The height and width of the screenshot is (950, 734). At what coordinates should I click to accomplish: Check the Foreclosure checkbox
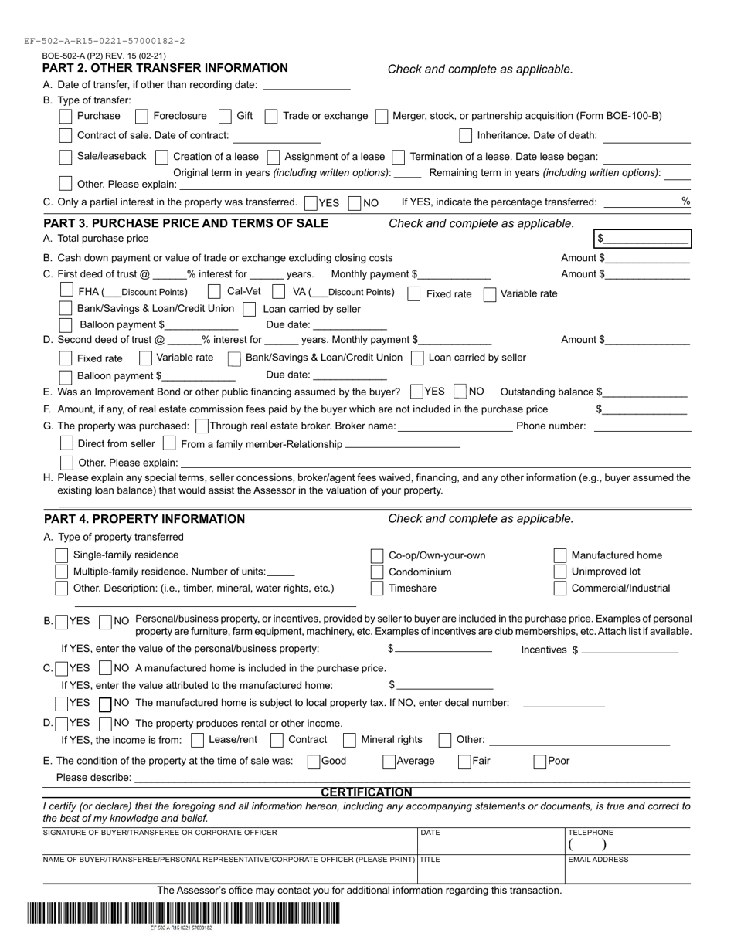[x=141, y=116]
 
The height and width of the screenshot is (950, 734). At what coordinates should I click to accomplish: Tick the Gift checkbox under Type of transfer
[x=225, y=116]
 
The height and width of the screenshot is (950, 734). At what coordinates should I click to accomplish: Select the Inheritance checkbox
[x=465, y=136]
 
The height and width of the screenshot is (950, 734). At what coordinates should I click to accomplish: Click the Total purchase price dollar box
[x=642, y=239]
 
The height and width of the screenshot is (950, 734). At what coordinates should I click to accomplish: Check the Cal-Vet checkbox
[x=215, y=292]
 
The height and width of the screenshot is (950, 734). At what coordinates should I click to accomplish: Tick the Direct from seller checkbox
[x=66, y=443]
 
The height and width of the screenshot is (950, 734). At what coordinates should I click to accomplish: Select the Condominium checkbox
[x=377, y=572]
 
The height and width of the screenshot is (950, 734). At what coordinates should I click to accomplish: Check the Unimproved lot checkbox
[x=560, y=572]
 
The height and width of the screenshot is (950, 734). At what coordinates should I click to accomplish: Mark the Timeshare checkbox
[x=377, y=589]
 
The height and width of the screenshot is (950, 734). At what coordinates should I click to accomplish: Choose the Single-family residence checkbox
[x=62, y=555]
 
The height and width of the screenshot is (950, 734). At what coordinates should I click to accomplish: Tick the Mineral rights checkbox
[x=349, y=740]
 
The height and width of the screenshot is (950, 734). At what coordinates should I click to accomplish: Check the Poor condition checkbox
[x=540, y=762]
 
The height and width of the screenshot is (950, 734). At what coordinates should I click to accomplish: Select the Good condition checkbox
[x=314, y=762]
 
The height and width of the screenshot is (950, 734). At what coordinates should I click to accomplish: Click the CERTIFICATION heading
[x=366, y=792]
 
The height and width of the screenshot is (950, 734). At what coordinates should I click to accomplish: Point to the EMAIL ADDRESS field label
[x=598, y=860]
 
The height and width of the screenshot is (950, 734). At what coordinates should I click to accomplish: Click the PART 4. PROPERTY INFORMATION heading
[x=144, y=519]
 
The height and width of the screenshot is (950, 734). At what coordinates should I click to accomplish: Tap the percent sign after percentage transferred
[x=685, y=201]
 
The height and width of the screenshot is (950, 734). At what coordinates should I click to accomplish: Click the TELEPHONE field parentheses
[x=588, y=846]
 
